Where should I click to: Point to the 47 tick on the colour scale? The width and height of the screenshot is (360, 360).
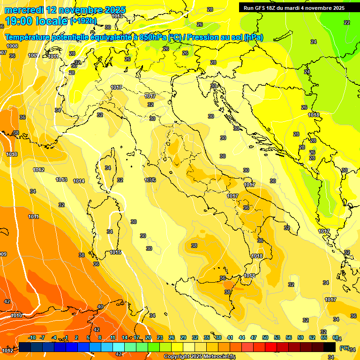pos(254,337)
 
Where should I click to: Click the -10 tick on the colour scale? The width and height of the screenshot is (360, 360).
pos(32,337)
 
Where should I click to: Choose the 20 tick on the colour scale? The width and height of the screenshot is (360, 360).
pos(148,337)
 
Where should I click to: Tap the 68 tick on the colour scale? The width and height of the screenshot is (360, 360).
pos(335,337)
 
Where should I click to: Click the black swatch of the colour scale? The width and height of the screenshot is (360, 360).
pos(330,347)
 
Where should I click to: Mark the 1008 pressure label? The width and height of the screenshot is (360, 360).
pos(12,46)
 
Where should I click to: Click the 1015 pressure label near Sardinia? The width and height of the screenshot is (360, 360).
pos(116,253)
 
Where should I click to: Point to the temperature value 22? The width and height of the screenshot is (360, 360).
pos(346,22)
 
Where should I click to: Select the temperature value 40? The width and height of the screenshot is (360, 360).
pos(100,307)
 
